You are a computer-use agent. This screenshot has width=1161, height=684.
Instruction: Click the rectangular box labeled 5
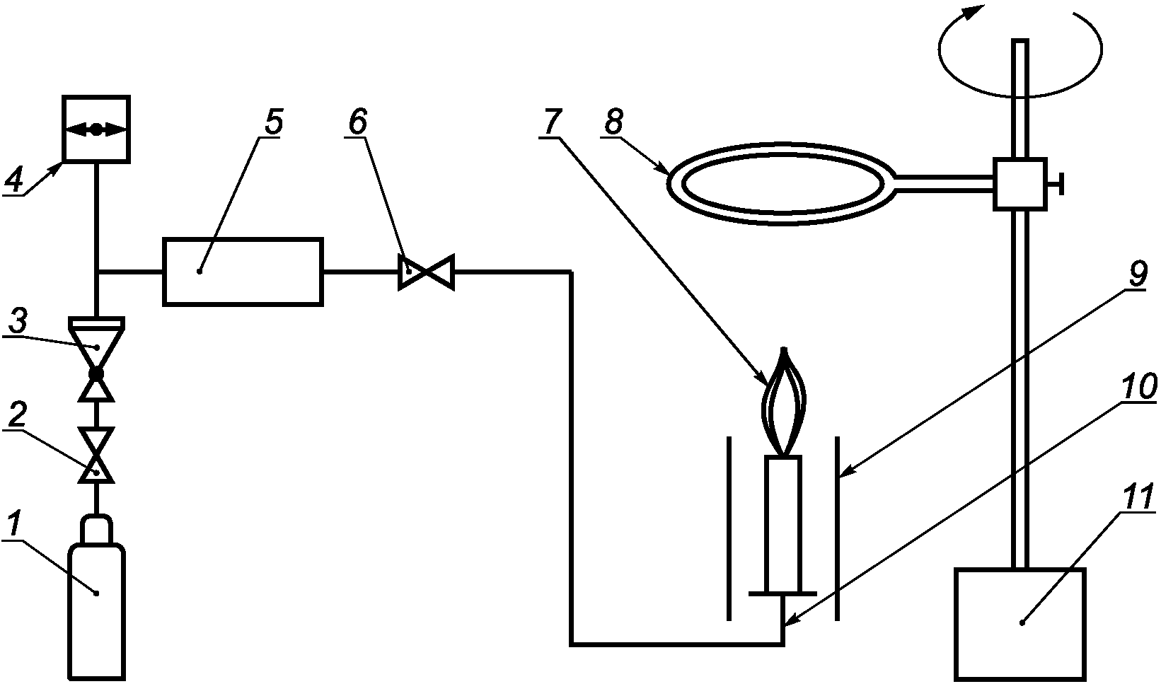(243, 272)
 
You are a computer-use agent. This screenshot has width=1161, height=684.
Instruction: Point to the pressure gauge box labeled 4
(96, 129)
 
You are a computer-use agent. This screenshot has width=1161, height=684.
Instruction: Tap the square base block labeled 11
(1019, 622)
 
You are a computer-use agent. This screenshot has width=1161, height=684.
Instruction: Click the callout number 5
(272, 122)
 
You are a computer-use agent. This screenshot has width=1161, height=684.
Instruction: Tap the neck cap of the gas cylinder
(97, 529)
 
